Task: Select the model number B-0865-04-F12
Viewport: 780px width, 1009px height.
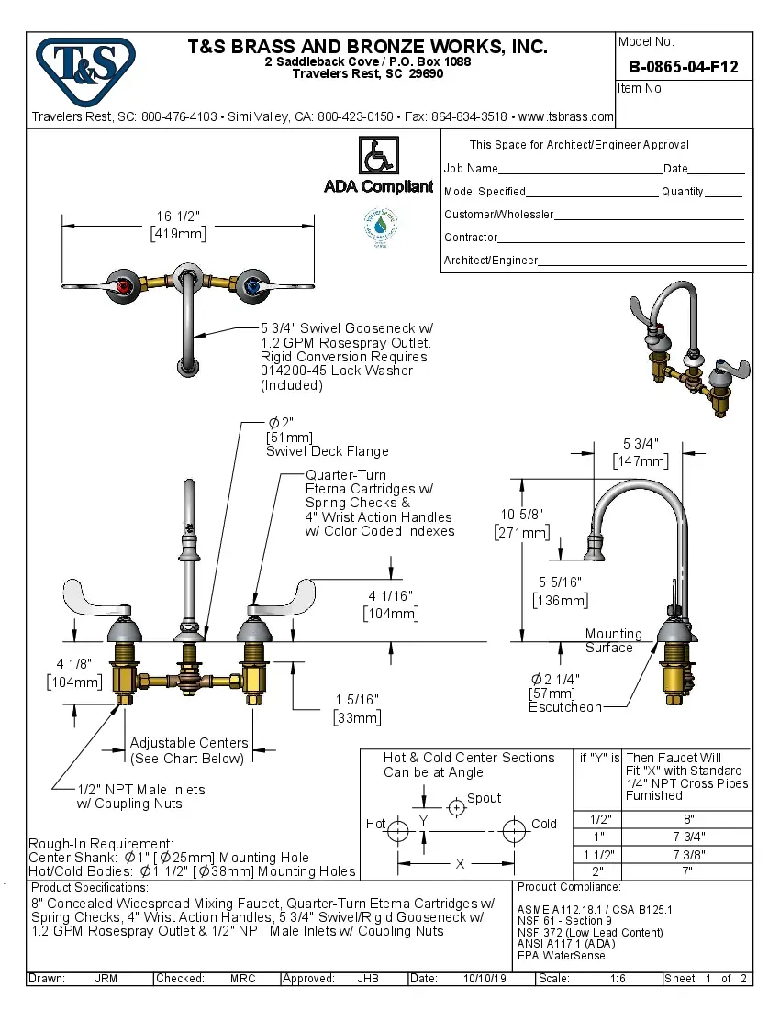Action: click(683, 67)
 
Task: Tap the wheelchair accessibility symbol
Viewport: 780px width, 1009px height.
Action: click(379, 155)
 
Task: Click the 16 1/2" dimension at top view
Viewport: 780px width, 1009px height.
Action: click(178, 225)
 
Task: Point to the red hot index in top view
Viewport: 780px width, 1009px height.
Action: click(125, 287)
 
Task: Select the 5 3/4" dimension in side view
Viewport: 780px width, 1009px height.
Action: click(641, 451)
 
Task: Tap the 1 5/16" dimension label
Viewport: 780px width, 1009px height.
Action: click(356, 708)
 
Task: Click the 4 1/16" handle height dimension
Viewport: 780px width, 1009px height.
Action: click(391, 604)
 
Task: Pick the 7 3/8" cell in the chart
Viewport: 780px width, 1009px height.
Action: click(688, 854)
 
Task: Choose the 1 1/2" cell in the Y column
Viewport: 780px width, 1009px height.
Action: click(597, 854)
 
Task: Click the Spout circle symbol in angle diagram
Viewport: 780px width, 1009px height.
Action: click(456, 807)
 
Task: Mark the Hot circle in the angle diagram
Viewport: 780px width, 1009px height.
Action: click(397, 831)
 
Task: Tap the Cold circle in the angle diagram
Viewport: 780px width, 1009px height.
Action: click(515, 831)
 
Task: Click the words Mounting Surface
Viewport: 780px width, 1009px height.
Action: click(613, 640)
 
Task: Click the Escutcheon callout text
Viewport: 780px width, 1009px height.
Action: click(565, 707)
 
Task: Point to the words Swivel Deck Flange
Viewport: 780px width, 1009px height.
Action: click(327, 451)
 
